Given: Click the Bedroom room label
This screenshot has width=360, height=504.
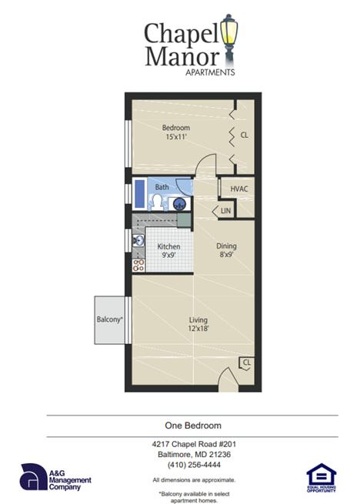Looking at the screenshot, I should (175, 127).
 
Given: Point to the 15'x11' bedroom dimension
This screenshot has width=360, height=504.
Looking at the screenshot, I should (176, 137).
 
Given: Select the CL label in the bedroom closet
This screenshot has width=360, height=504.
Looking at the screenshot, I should (244, 135).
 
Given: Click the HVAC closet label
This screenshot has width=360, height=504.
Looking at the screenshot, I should (238, 188).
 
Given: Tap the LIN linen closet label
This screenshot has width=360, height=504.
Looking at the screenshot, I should (226, 210).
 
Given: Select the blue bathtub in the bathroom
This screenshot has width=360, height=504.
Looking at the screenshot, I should (139, 194).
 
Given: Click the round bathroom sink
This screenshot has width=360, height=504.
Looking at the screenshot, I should (179, 204).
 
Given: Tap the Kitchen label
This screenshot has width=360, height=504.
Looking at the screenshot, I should (168, 247).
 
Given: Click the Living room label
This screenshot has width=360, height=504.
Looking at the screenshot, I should (199, 319).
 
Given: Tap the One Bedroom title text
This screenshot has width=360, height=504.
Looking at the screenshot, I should (193, 426).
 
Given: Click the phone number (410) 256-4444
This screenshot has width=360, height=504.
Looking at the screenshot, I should (193, 465).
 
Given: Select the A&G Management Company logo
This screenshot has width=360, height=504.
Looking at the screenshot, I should (55, 477).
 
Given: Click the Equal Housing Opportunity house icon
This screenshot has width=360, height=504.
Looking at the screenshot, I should (321, 477).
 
